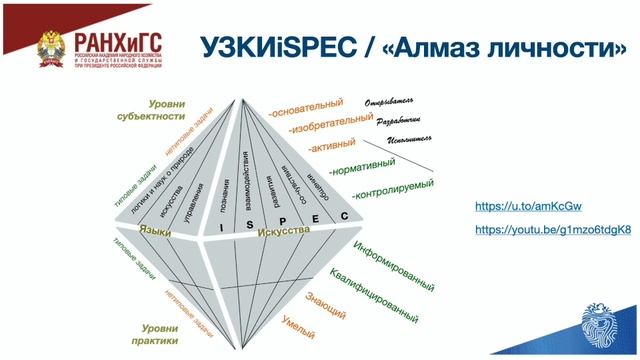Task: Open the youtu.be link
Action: (x=552, y=230)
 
